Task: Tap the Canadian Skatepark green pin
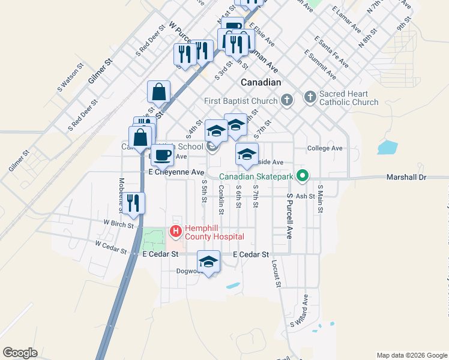pyautogui.click(x=303, y=176)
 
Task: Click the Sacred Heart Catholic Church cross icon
pyautogui.click(x=310, y=97)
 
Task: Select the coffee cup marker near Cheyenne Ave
pyautogui.click(x=162, y=155)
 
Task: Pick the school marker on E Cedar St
pyautogui.click(x=209, y=261)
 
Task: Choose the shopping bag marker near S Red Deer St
pyautogui.click(x=158, y=92)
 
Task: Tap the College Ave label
pyautogui.click(x=324, y=148)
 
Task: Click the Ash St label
pyautogui.click(x=306, y=196)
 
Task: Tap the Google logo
pyautogui.click(x=20, y=353)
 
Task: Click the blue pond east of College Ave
pyautogui.click(x=388, y=147)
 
